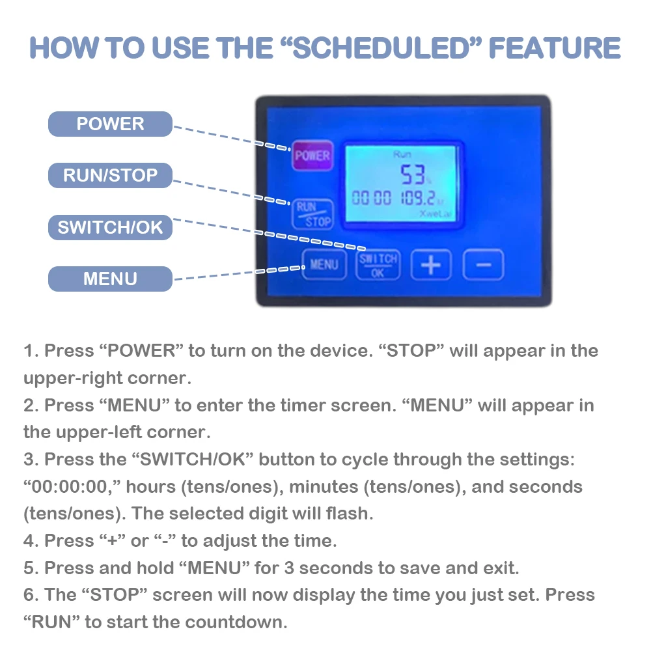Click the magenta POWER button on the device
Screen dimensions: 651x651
tap(312, 156)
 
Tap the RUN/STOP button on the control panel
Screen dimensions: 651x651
tap(312, 214)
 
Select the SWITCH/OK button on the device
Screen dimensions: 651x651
tap(378, 265)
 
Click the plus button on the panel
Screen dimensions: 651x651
tap(431, 265)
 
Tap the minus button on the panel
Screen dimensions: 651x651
tap(483, 265)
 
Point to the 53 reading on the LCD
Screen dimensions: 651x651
tap(413, 174)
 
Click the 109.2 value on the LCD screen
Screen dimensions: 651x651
tap(418, 199)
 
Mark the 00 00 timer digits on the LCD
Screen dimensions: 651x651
tap(371, 199)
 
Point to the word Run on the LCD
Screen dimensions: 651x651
tap(402, 154)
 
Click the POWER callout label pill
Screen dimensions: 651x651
tap(110, 124)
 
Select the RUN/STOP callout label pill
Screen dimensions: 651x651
tap(110, 175)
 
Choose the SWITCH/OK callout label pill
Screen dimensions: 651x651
tap(110, 227)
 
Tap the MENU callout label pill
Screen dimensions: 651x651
tap(110, 279)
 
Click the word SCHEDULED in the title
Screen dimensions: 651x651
tap(381, 48)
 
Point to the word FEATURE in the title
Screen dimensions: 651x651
tap(555, 48)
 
